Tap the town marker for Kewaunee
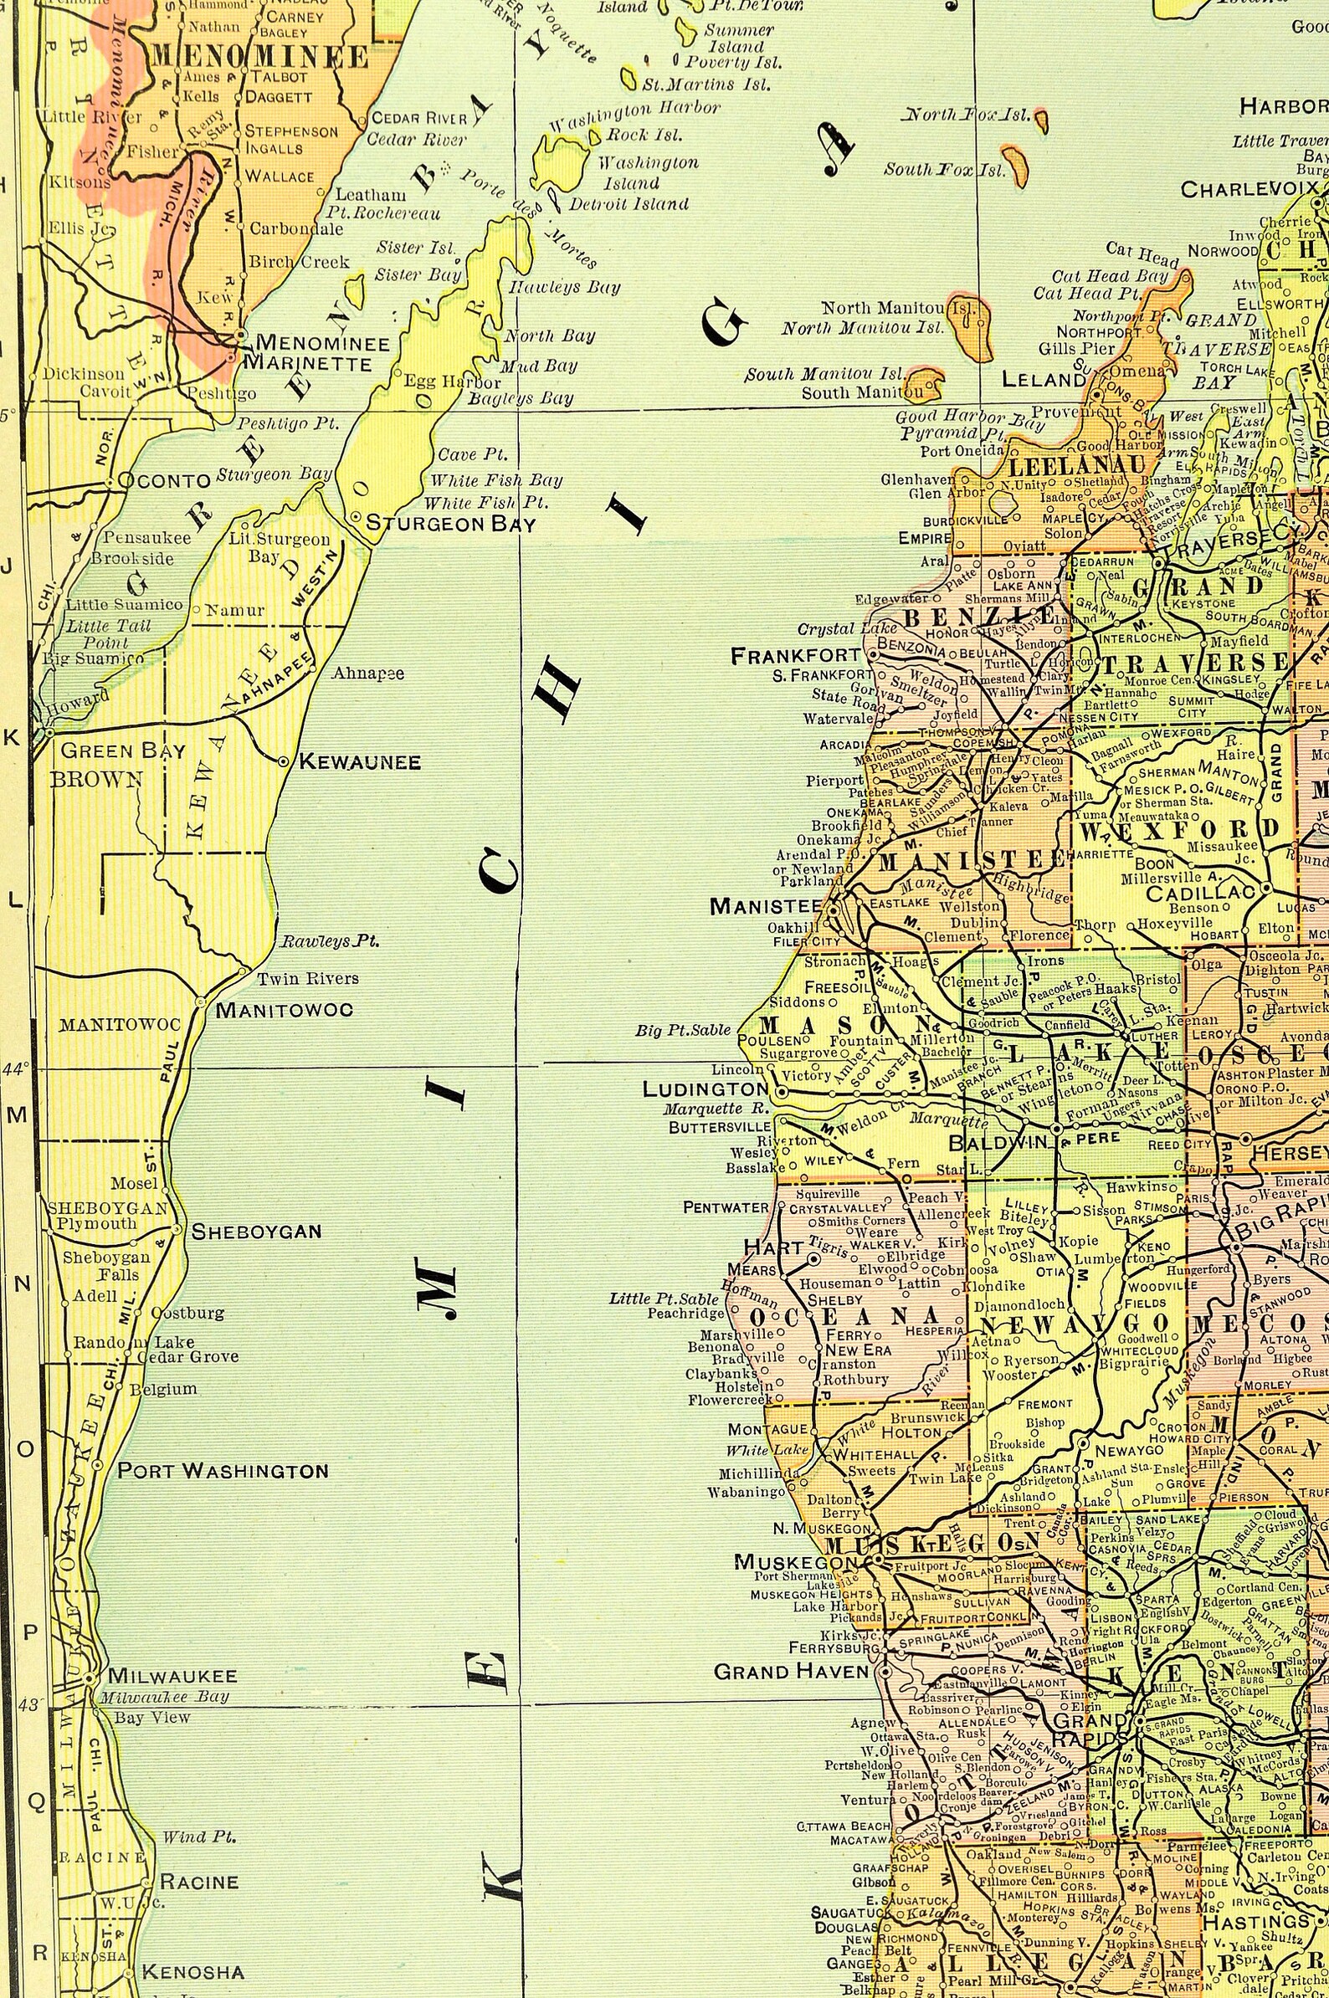(x=283, y=761)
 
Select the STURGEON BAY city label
(x=450, y=524)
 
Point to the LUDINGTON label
(x=706, y=1089)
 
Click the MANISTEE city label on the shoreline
(x=766, y=906)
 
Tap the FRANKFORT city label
(x=795, y=655)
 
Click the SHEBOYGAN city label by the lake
(x=256, y=1231)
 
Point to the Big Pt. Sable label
(x=682, y=1030)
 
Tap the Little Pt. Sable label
(x=664, y=1298)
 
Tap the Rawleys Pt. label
(x=330, y=940)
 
